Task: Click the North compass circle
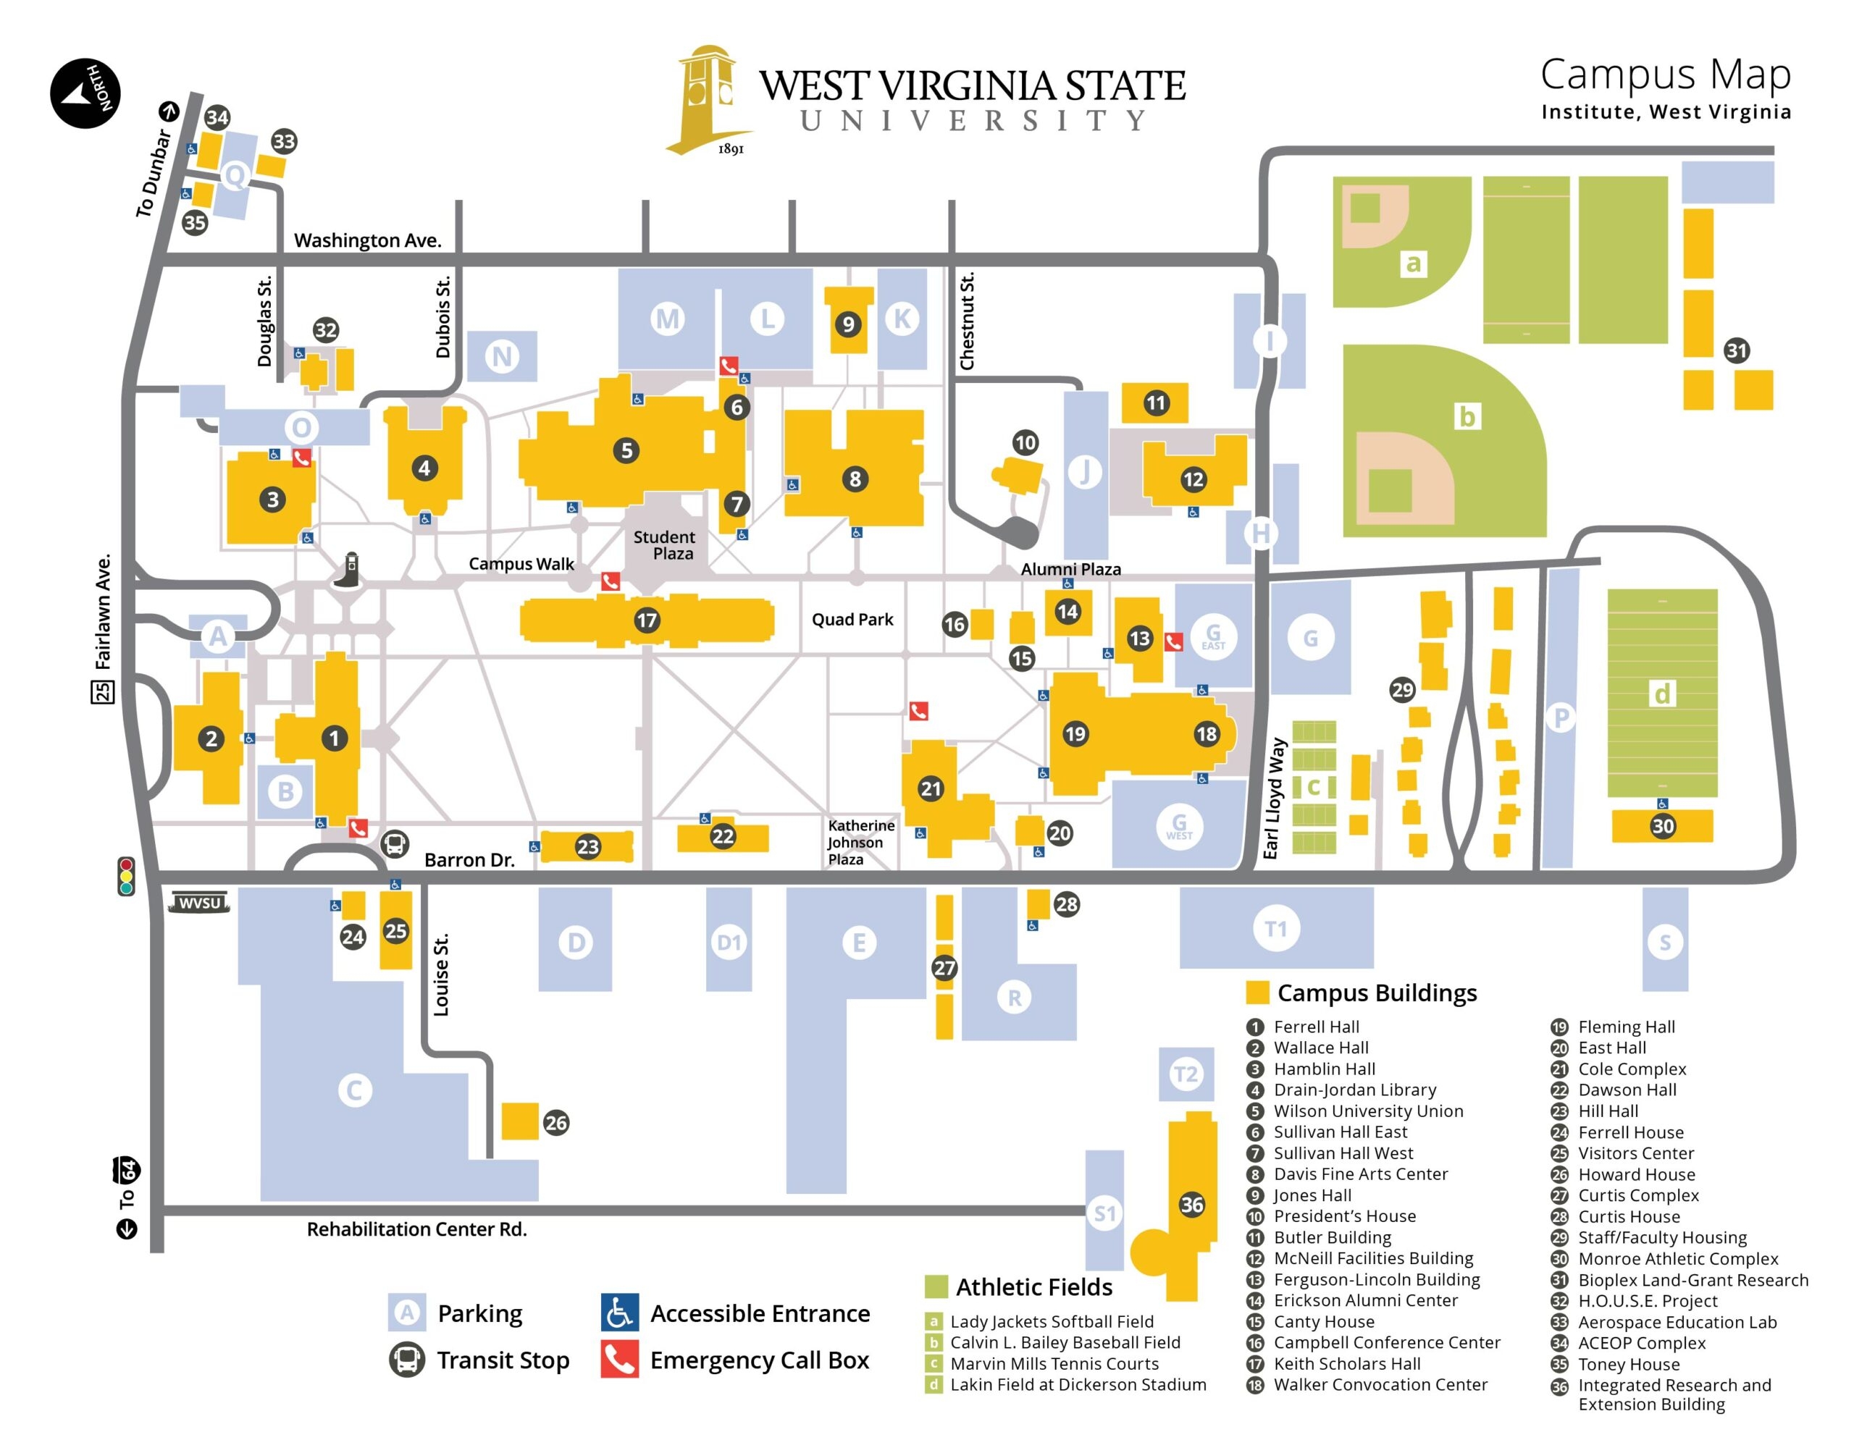tap(85, 93)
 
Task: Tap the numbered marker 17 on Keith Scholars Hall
tap(647, 620)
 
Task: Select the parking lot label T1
tap(1275, 929)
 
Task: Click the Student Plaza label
tap(667, 544)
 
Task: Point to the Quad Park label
tap(852, 620)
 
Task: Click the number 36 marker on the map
tap(1191, 1204)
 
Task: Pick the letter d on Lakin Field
tap(1661, 694)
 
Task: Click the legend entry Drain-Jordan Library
tap(1354, 1089)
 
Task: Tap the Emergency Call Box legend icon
tap(619, 1359)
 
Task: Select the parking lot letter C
tap(355, 1089)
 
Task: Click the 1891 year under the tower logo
tap(730, 149)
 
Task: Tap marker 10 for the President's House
tap(1025, 442)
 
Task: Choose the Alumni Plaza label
tap(1070, 569)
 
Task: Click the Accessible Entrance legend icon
tap(619, 1313)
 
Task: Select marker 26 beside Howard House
tap(555, 1122)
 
